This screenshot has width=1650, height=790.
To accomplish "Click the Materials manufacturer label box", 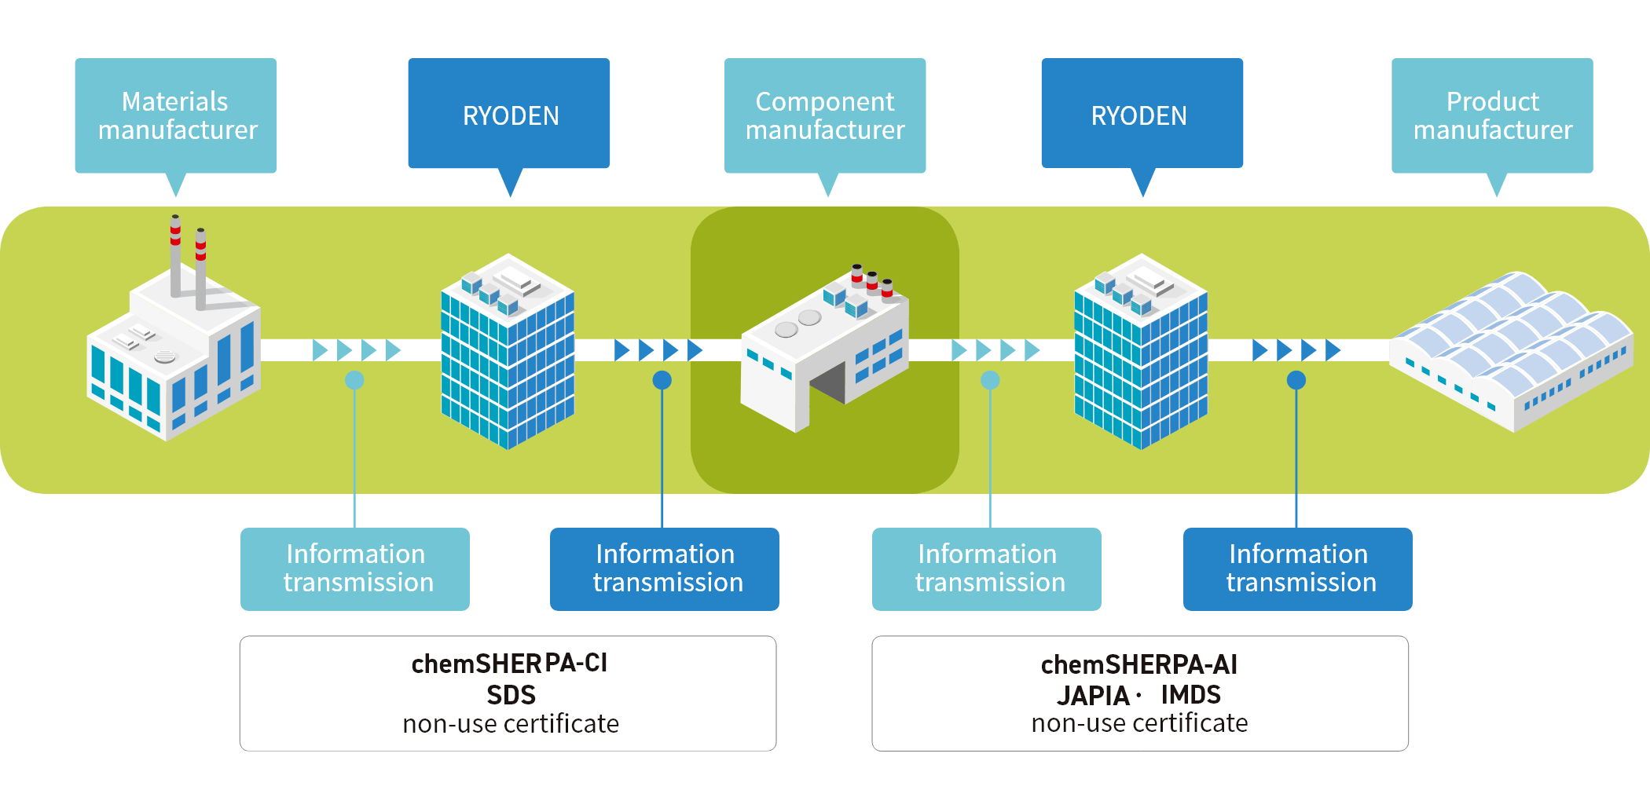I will pyautogui.click(x=175, y=115).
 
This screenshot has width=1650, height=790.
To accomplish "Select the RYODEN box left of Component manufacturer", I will pyautogui.click(x=509, y=114).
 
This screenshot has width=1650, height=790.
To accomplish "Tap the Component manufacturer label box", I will pyautogui.click(x=824, y=115).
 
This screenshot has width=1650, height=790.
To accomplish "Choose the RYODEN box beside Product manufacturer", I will pyautogui.click(x=1142, y=114).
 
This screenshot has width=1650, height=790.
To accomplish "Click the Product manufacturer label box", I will pyautogui.click(x=1492, y=115).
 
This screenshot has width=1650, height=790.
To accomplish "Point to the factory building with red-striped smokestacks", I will pyautogui.click(x=174, y=353).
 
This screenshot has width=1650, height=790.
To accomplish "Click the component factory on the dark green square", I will pyautogui.click(x=824, y=353).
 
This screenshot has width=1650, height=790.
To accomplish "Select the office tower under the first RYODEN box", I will pyautogui.click(x=508, y=353).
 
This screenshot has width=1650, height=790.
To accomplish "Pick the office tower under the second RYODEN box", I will pyautogui.click(x=1141, y=353).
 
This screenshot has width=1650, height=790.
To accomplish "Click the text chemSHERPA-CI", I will pyautogui.click(x=509, y=664).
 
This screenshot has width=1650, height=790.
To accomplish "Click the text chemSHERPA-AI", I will pyautogui.click(x=1138, y=664).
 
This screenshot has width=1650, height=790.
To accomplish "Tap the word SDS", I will pyautogui.click(x=511, y=695).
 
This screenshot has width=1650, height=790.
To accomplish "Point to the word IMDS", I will pyautogui.click(x=1190, y=695).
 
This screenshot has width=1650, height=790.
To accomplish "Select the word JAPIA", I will pyautogui.click(x=1092, y=696).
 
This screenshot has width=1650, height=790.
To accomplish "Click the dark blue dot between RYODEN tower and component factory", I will pyautogui.click(x=662, y=380).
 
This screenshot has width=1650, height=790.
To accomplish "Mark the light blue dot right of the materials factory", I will pyautogui.click(x=354, y=380).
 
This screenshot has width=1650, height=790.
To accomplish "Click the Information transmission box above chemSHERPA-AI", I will pyautogui.click(x=986, y=569).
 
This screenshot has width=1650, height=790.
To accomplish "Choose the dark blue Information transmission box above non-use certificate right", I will pyautogui.click(x=1297, y=569).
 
